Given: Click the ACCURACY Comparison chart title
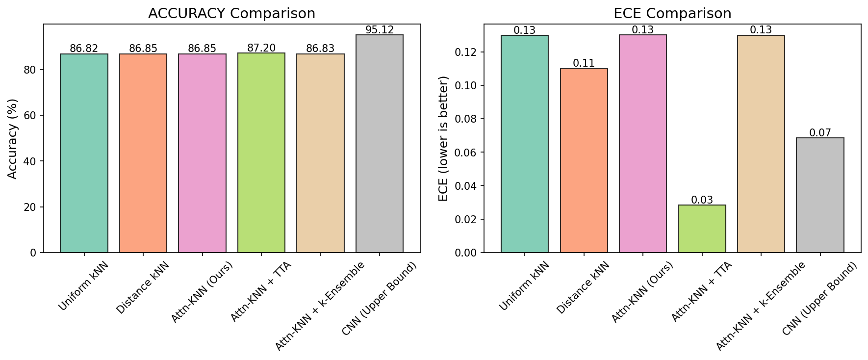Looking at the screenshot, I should tap(231, 14).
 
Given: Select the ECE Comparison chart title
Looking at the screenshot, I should tap(672, 14).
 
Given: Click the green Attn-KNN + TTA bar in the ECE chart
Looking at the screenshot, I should tap(702, 229).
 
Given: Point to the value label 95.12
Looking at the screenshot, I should tap(380, 30).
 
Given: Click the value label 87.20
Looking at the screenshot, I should tap(261, 48).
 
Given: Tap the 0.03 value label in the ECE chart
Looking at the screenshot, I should tap(702, 200).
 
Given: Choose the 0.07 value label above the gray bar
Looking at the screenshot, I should tap(820, 132).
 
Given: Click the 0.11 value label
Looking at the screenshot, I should tap(584, 63).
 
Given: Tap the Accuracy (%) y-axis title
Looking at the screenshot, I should tap(13, 139).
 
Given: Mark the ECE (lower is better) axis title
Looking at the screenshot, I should tap(444, 139).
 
